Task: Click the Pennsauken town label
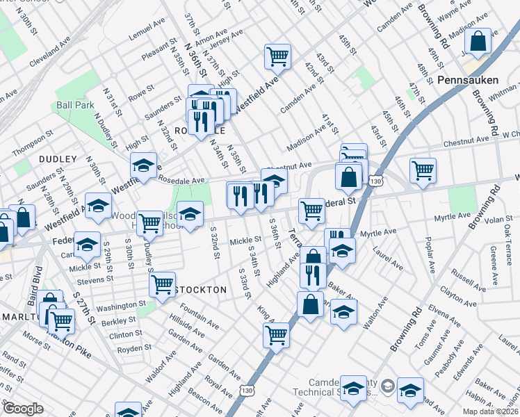point(466,81)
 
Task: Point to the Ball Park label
point(75,106)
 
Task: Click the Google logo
point(23,409)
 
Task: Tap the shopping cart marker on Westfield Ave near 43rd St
point(277,56)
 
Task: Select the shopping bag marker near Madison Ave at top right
point(478,42)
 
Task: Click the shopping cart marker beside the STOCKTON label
point(162,284)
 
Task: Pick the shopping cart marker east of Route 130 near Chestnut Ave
point(423,170)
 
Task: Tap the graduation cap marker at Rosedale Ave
point(144,166)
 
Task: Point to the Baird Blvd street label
point(31,273)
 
